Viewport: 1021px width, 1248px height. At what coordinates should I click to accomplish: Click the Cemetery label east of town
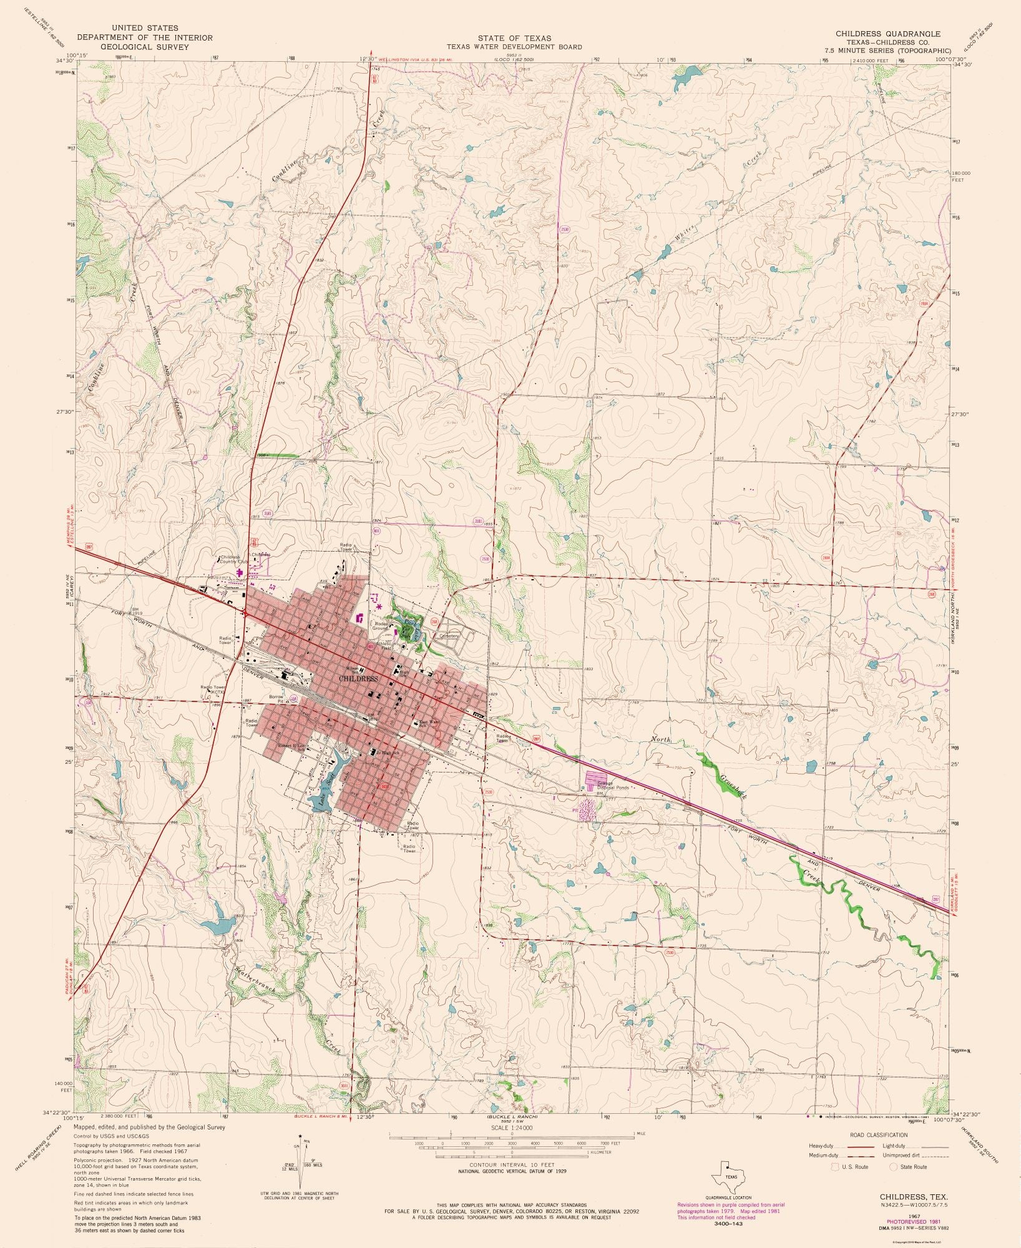coord(449,636)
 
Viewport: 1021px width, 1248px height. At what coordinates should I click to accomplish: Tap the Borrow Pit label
coord(276,698)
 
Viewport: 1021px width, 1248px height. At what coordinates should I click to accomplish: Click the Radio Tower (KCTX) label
coord(212,690)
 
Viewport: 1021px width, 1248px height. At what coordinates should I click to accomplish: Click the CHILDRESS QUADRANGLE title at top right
coord(888,33)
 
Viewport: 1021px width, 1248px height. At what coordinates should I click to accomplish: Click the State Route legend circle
coord(893,1166)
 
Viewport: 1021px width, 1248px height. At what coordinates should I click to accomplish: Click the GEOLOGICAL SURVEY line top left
coord(144,47)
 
